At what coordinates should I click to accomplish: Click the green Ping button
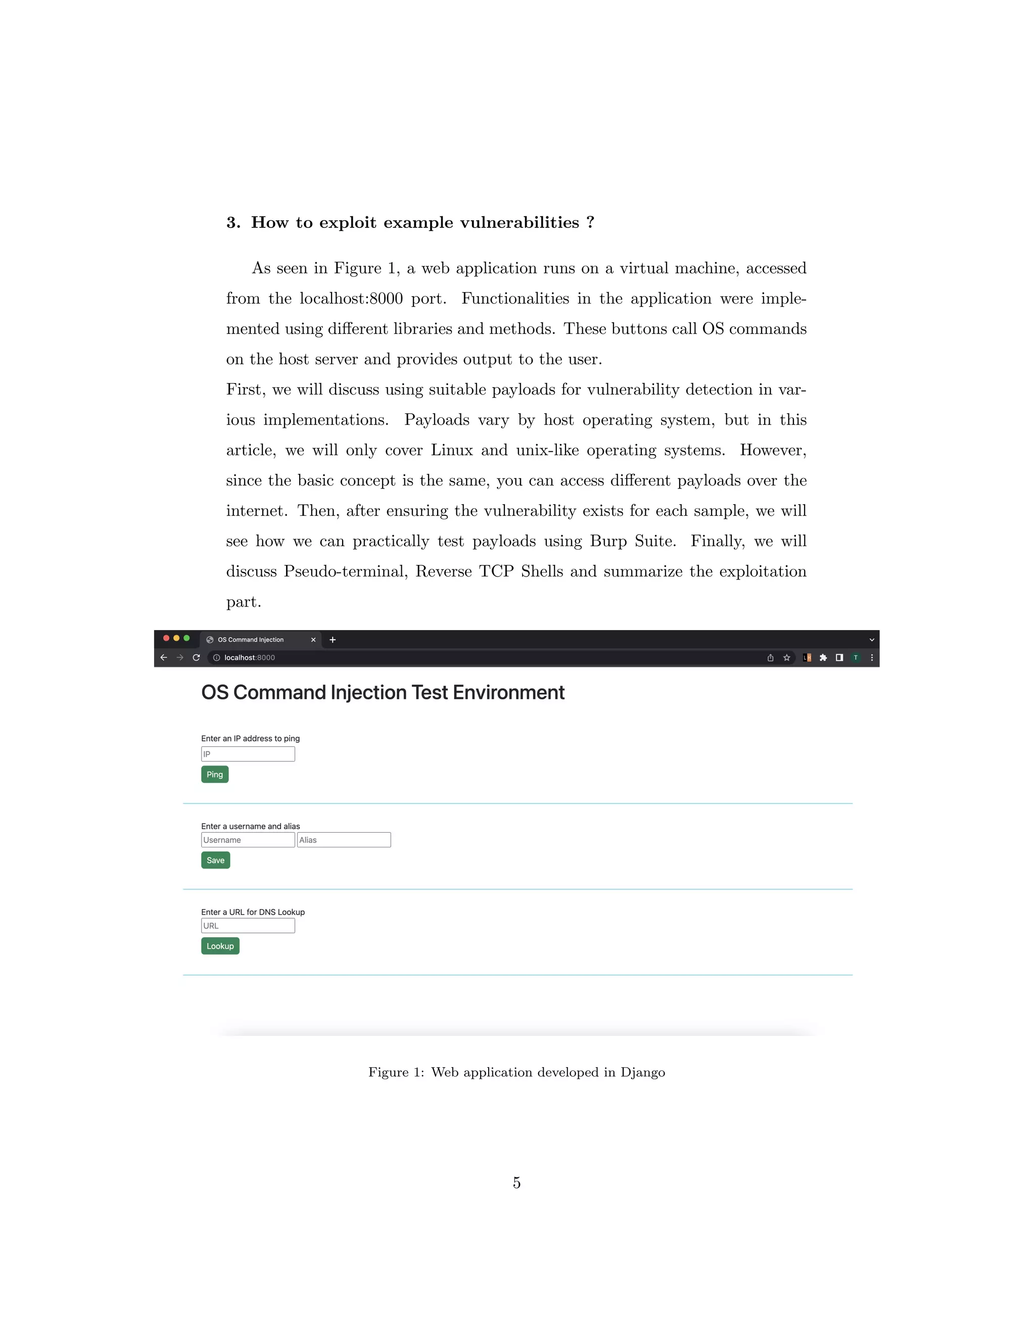[x=215, y=774]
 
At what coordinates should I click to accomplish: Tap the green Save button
[x=215, y=860]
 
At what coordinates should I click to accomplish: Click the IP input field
[x=248, y=754]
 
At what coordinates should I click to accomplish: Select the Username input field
[x=248, y=840]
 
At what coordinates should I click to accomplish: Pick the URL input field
[x=248, y=926]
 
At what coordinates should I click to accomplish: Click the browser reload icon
[x=196, y=657]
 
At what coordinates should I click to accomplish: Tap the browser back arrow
[x=164, y=657]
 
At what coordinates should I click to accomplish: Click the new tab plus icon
[x=333, y=640]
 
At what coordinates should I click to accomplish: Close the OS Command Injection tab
[x=313, y=640]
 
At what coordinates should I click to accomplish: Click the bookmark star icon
[x=787, y=657]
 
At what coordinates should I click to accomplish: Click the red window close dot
[x=166, y=638]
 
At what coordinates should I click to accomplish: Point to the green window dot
[x=187, y=638]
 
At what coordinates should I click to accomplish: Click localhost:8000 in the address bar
[x=250, y=657]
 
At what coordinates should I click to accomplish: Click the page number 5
[x=517, y=1183]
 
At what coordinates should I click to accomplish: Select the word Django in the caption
[x=643, y=1072]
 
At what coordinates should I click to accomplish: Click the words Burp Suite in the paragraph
[x=632, y=541]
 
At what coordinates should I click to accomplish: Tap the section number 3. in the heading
[x=233, y=222]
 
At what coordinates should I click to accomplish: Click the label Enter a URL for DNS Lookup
[x=253, y=912]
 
